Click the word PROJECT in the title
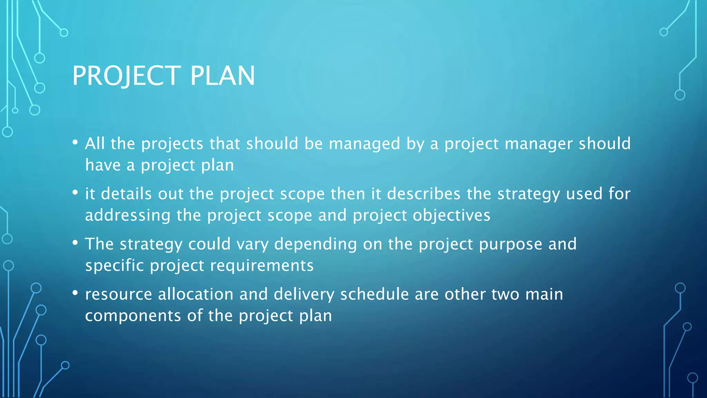click(x=126, y=76)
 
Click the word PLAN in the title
click(x=223, y=76)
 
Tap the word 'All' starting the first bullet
click(x=95, y=143)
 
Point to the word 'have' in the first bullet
click(x=103, y=165)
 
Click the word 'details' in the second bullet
click(x=126, y=194)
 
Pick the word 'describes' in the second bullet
click(x=424, y=194)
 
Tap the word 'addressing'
click(x=128, y=216)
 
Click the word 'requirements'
click(x=262, y=266)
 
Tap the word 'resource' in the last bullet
click(x=118, y=294)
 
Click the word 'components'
click(x=133, y=316)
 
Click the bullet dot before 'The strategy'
click(x=75, y=243)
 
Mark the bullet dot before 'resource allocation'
click(x=75, y=293)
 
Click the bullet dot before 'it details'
click(x=75, y=192)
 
